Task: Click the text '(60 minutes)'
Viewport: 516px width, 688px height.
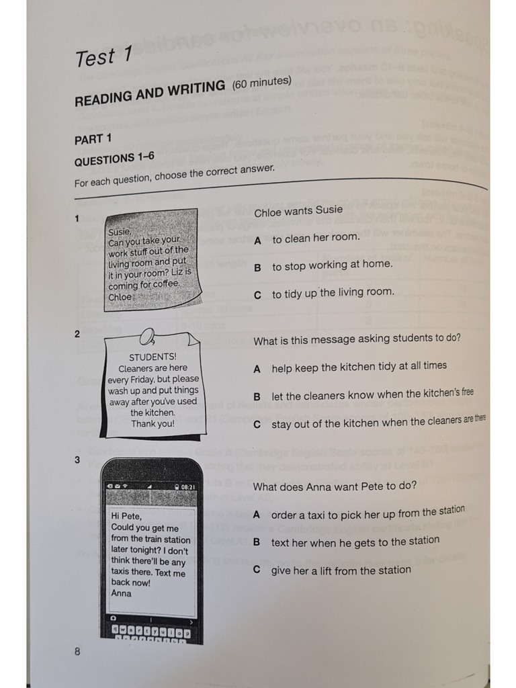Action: (x=261, y=83)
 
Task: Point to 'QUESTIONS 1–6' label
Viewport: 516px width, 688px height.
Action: (x=114, y=159)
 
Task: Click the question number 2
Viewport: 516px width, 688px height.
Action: (x=77, y=334)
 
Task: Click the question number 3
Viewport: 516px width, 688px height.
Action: (x=77, y=460)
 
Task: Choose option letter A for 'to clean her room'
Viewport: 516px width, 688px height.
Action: (x=257, y=239)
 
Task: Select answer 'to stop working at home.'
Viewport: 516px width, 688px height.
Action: (x=332, y=265)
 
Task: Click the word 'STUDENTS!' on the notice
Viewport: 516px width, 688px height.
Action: (x=153, y=357)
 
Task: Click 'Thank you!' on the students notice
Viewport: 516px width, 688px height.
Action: (x=153, y=424)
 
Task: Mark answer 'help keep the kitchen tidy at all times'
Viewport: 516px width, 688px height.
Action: (x=359, y=367)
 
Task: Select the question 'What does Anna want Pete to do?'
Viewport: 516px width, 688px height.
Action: (x=335, y=486)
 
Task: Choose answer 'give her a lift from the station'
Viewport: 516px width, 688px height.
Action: (x=341, y=570)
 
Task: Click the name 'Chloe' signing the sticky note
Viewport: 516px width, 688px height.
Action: (x=120, y=296)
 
